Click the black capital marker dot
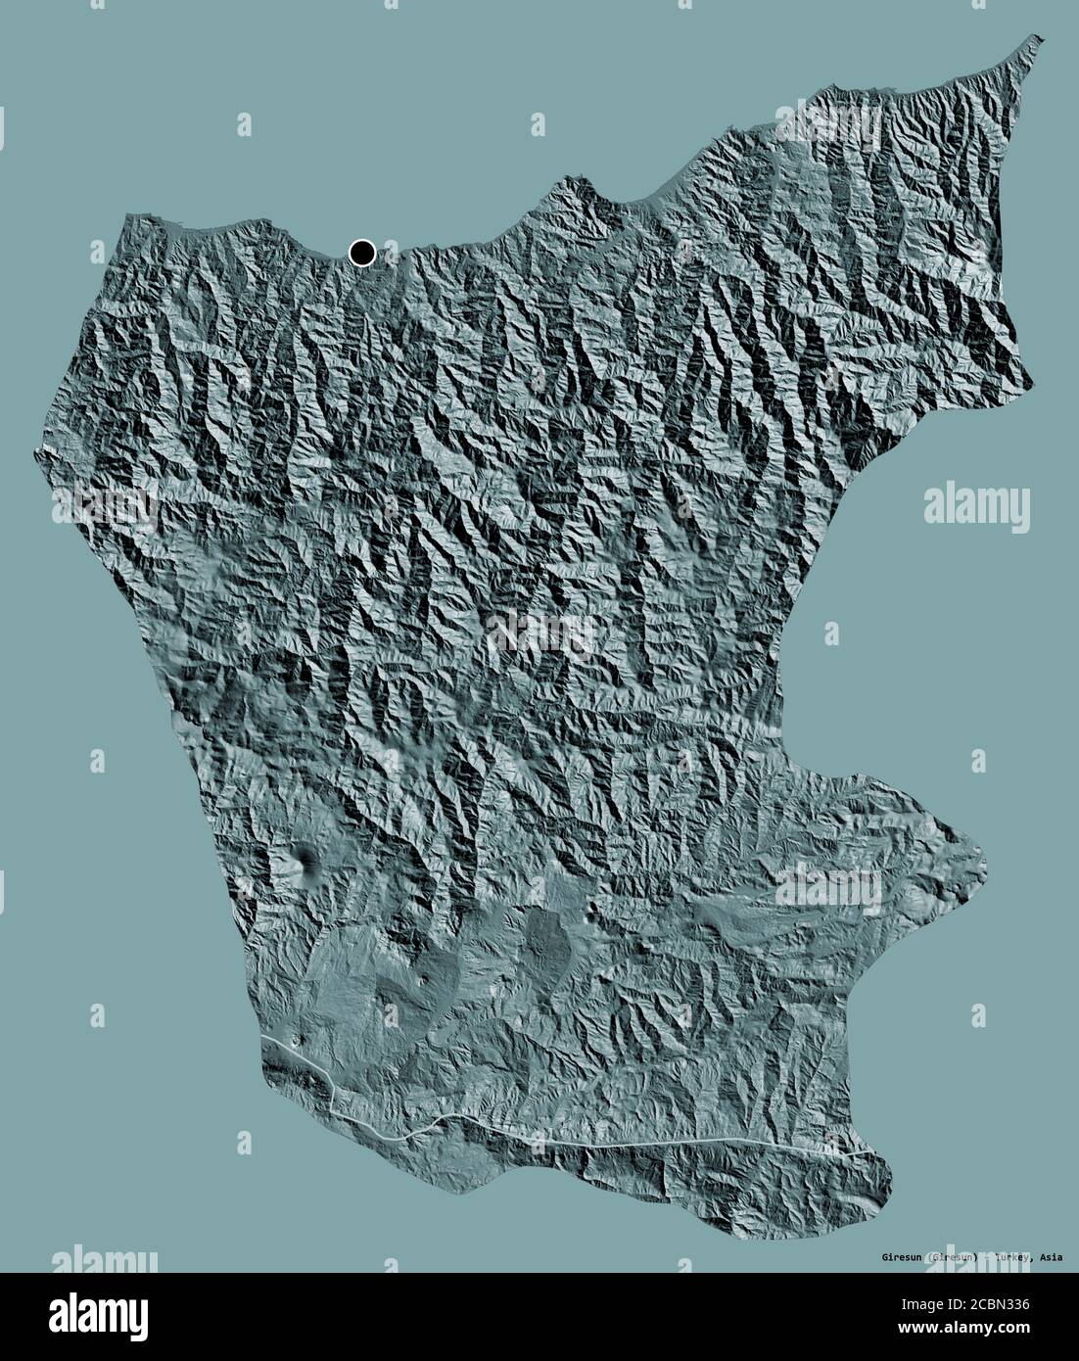coord(362,254)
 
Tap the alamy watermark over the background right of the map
coord(976,507)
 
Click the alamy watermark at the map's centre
coord(539,633)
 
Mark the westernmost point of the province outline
coord(40,452)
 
